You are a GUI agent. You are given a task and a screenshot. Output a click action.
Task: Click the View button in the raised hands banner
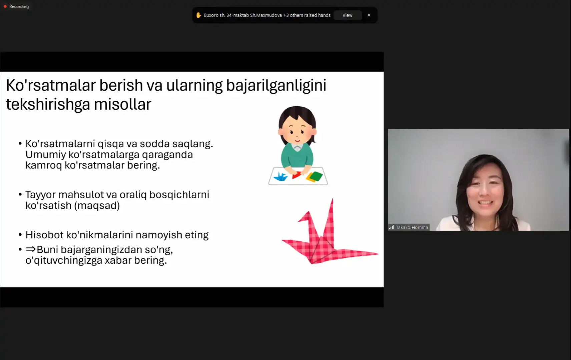click(347, 15)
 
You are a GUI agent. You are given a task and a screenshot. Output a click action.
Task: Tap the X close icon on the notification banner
click(369, 15)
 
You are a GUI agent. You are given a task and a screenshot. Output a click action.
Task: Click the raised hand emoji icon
click(198, 15)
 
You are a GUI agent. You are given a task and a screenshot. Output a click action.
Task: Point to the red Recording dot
click(5, 6)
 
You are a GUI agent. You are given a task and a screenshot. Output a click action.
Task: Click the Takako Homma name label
click(412, 227)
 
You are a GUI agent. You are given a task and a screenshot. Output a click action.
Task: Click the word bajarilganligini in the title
click(276, 85)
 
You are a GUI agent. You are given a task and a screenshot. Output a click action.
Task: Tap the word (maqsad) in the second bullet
click(97, 205)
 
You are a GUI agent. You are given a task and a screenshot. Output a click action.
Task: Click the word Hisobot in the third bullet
click(44, 235)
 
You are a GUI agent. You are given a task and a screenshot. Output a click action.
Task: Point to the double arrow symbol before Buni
click(31, 249)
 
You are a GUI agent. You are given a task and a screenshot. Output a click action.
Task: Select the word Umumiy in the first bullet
click(46, 155)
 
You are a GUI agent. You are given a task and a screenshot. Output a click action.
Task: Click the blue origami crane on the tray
click(280, 177)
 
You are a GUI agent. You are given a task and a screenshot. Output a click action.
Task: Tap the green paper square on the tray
click(316, 176)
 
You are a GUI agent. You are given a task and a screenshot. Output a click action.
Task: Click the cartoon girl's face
click(297, 132)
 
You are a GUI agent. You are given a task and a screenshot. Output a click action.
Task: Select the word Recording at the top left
click(19, 6)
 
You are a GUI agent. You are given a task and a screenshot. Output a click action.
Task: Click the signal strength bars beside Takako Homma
click(392, 227)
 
